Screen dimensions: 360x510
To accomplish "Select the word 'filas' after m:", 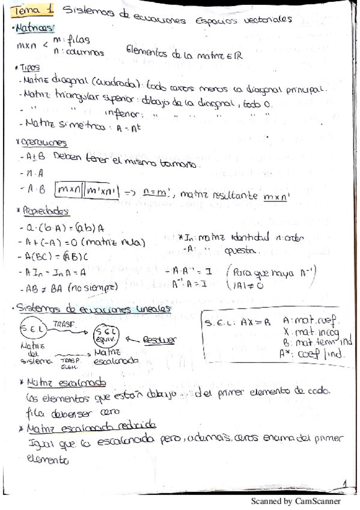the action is click(79, 40).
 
